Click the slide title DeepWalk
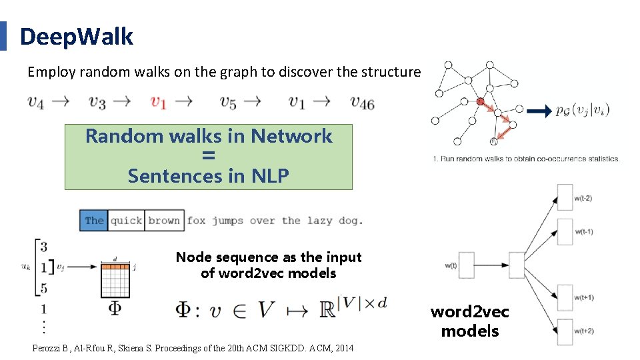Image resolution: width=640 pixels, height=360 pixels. click(x=77, y=37)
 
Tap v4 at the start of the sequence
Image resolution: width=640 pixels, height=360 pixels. click(x=36, y=102)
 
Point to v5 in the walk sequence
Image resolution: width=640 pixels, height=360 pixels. click(x=228, y=102)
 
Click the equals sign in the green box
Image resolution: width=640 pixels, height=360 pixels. click(x=208, y=156)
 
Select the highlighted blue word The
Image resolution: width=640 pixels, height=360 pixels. click(x=94, y=221)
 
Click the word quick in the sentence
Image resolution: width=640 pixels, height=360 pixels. click(x=126, y=221)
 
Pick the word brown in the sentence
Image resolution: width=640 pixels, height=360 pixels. click(x=164, y=221)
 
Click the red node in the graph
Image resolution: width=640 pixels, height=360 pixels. click(x=480, y=101)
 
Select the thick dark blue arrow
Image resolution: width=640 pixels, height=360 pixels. click(x=539, y=111)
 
